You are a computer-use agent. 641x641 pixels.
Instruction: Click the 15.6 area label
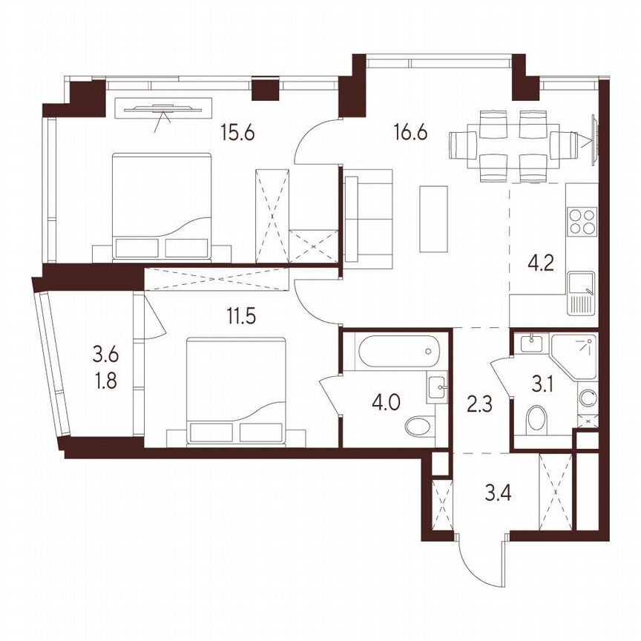click(237, 134)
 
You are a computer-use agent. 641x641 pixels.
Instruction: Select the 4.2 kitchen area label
click(541, 264)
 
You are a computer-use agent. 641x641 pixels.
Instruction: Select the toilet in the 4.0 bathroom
click(420, 427)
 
